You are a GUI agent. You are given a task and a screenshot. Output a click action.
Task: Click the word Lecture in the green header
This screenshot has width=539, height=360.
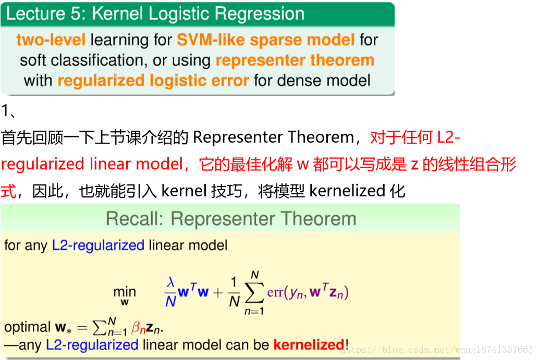[x=36, y=14]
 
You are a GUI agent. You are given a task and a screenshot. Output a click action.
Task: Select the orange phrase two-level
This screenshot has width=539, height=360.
[x=51, y=40]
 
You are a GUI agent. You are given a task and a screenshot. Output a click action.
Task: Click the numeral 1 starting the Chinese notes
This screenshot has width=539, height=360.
[x=5, y=110]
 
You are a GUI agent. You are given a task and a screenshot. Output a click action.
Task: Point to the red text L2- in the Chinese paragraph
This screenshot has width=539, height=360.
[x=448, y=138]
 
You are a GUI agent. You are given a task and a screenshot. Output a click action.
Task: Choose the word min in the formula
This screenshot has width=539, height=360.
[x=125, y=292]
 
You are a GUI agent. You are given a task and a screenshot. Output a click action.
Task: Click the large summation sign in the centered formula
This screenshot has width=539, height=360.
[x=255, y=293]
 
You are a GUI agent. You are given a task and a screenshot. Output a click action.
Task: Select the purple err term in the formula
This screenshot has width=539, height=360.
[x=275, y=292]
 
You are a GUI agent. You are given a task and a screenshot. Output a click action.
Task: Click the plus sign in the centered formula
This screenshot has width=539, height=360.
[x=217, y=293]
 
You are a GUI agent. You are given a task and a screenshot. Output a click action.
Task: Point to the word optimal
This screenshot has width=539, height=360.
[x=28, y=327]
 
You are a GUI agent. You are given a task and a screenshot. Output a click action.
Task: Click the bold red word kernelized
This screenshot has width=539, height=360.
[x=309, y=345]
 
